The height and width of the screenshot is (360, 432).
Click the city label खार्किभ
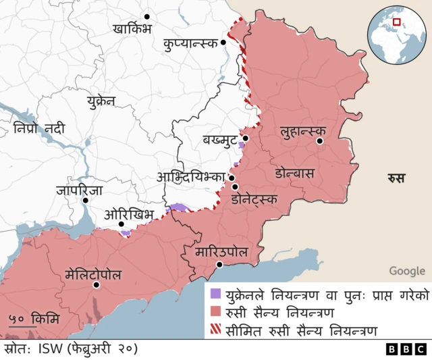pos(133,29)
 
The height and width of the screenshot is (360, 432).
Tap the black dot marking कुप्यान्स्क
pos(224,43)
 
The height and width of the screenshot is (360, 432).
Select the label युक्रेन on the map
pos(101,101)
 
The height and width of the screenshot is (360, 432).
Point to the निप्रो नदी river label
pos(39,128)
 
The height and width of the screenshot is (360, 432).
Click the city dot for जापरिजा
pos(85,200)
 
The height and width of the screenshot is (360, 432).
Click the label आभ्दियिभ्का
pos(191,177)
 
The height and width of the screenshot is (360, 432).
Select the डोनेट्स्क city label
pos(254,199)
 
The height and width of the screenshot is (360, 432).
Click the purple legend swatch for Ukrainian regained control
pos(215,294)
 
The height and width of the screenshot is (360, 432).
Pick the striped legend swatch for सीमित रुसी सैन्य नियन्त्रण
pos(215,330)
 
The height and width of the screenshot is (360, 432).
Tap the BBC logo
pos(406,349)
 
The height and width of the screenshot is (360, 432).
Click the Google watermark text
pos(407,271)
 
